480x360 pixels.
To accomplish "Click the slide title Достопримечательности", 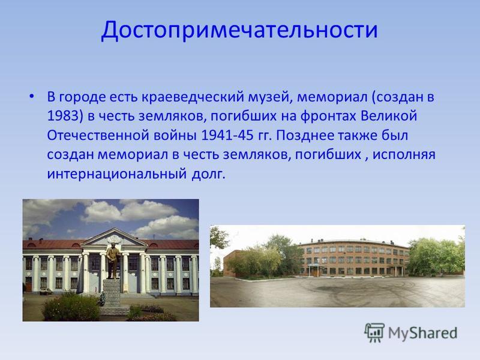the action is pyautogui.click(x=239, y=30).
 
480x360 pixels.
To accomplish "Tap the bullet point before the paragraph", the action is pyautogui.click(x=32, y=97).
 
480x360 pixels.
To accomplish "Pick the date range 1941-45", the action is pyautogui.click(x=227, y=135).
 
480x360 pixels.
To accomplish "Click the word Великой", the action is pyautogui.click(x=389, y=116).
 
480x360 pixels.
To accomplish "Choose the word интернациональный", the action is pyautogui.click(x=117, y=174).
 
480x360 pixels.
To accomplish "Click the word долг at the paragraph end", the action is pyautogui.click(x=208, y=174).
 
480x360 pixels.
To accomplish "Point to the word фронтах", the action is pyautogui.click(x=328, y=116).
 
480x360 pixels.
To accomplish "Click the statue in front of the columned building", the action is pyautogui.click(x=113, y=260).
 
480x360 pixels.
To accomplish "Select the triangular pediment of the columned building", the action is pyautogui.click(x=114, y=237).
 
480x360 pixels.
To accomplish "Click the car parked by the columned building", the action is pyautogui.click(x=46, y=292).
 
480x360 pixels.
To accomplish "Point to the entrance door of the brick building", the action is pyautogui.click(x=314, y=271).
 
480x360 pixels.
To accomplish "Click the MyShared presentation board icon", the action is pyautogui.click(x=374, y=332).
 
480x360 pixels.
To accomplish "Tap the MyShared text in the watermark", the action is pyautogui.click(x=423, y=333).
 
